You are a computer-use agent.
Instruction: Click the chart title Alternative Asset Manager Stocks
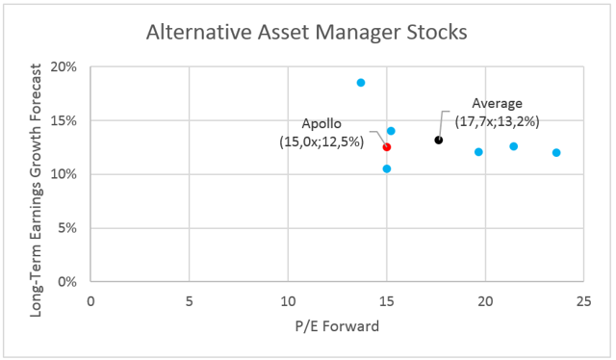coord(307,32)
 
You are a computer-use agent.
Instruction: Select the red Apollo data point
coord(386,147)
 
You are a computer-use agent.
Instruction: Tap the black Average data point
coord(439,141)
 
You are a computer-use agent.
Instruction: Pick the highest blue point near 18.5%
coord(361,83)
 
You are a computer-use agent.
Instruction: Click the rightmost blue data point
coord(556,153)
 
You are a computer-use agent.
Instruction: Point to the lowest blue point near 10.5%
coord(387,168)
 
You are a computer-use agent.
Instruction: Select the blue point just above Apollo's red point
coord(391,131)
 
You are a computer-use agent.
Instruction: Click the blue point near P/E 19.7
coord(478,152)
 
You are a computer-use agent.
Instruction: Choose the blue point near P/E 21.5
coord(514,146)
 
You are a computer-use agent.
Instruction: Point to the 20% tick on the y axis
coord(64,67)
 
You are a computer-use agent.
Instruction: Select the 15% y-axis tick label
coord(64,121)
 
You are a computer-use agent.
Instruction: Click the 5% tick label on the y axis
coord(68,228)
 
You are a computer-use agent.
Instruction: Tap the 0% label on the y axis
coord(68,282)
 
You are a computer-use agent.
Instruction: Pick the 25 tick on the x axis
coord(583,300)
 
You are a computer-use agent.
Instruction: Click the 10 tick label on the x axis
coord(288,300)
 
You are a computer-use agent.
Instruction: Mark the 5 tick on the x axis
coord(189,300)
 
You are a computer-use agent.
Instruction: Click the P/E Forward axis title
coord(336,326)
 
